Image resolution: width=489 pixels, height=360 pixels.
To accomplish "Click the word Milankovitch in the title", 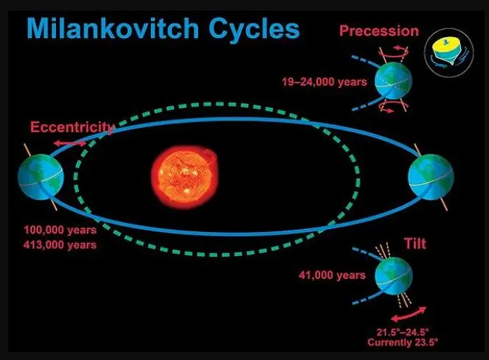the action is click(x=113, y=28).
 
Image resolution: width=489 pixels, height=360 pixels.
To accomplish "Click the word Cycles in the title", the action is click(x=254, y=30).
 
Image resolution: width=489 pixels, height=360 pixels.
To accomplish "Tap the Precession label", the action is click(x=379, y=30).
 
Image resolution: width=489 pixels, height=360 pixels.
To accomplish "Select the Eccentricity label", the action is click(x=73, y=128).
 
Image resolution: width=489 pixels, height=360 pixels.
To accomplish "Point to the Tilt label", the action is click(x=415, y=243).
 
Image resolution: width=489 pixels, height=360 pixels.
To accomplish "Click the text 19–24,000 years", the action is click(x=325, y=82).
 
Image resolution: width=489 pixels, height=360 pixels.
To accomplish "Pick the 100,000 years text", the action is click(x=60, y=230).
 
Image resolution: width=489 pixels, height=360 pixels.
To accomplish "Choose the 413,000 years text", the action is click(x=60, y=245).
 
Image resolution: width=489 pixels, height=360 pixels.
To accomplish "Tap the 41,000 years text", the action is click(x=332, y=275).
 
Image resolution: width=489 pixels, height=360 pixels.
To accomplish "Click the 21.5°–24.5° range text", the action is click(x=403, y=332).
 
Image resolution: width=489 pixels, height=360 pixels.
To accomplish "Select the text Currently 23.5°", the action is click(x=403, y=342).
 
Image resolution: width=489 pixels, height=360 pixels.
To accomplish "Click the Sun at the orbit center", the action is click(x=185, y=177).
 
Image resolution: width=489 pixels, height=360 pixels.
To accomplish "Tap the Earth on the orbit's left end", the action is click(x=41, y=177).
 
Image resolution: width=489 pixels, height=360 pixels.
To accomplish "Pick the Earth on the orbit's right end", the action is click(x=431, y=177).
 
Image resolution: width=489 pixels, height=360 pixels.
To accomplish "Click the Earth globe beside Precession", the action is click(x=393, y=81).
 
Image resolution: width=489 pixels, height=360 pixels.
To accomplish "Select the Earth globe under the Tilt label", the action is click(x=394, y=276).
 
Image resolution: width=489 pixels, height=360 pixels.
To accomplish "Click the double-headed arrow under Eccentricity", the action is click(x=70, y=144).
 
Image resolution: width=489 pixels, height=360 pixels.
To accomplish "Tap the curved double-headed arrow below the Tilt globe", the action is click(x=409, y=314).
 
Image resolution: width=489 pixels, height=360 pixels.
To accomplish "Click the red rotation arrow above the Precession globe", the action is click(x=394, y=52).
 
